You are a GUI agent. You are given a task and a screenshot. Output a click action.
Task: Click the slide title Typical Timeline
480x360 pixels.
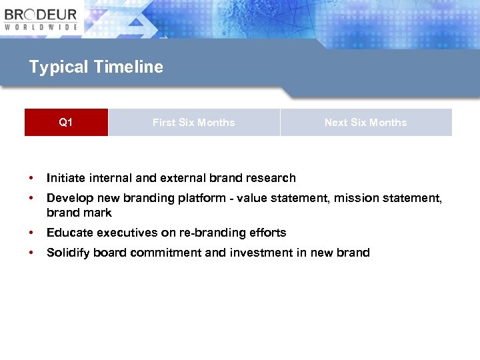tap(96, 67)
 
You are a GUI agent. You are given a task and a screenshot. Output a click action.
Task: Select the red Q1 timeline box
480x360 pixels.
tap(66, 123)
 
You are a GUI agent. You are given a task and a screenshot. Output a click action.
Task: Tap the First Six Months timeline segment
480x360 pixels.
tap(193, 123)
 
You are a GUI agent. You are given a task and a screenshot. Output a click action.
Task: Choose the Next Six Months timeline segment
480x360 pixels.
tap(365, 123)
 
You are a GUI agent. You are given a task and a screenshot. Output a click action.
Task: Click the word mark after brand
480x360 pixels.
tap(98, 213)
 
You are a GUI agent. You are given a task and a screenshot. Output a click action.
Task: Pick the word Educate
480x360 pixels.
tap(70, 233)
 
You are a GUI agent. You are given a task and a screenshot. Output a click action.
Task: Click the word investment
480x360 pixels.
tap(257, 253)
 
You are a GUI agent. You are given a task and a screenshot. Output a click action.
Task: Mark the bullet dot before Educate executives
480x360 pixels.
tap(31, 233)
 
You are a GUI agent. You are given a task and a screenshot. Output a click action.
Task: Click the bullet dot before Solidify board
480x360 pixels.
tap(31, 253)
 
